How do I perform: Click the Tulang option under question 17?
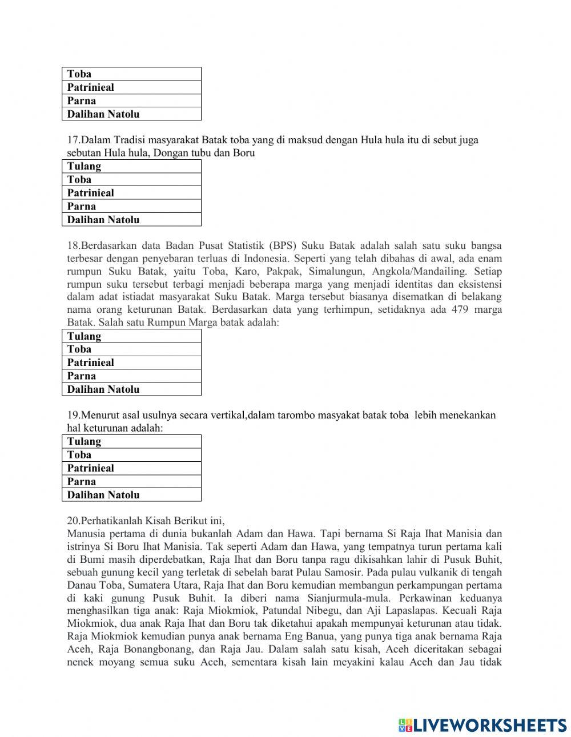click(131, 166)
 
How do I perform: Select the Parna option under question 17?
click(131, 206)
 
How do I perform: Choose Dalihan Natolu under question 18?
click(131, 389)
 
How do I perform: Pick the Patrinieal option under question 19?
click(131, 468)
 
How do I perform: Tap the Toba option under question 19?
click(131, 455)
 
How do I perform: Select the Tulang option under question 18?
click(131, 336)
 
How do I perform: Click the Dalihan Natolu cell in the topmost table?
click(131, 114)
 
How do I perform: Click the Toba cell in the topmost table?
click(131, 74)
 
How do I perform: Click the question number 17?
click(74, 140)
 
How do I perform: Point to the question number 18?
click(74, 246)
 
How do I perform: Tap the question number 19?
click(74, 415)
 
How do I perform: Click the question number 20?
click(74, 521)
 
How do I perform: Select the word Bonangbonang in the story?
click(159, 650)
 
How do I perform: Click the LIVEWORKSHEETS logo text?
click(489, 725)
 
